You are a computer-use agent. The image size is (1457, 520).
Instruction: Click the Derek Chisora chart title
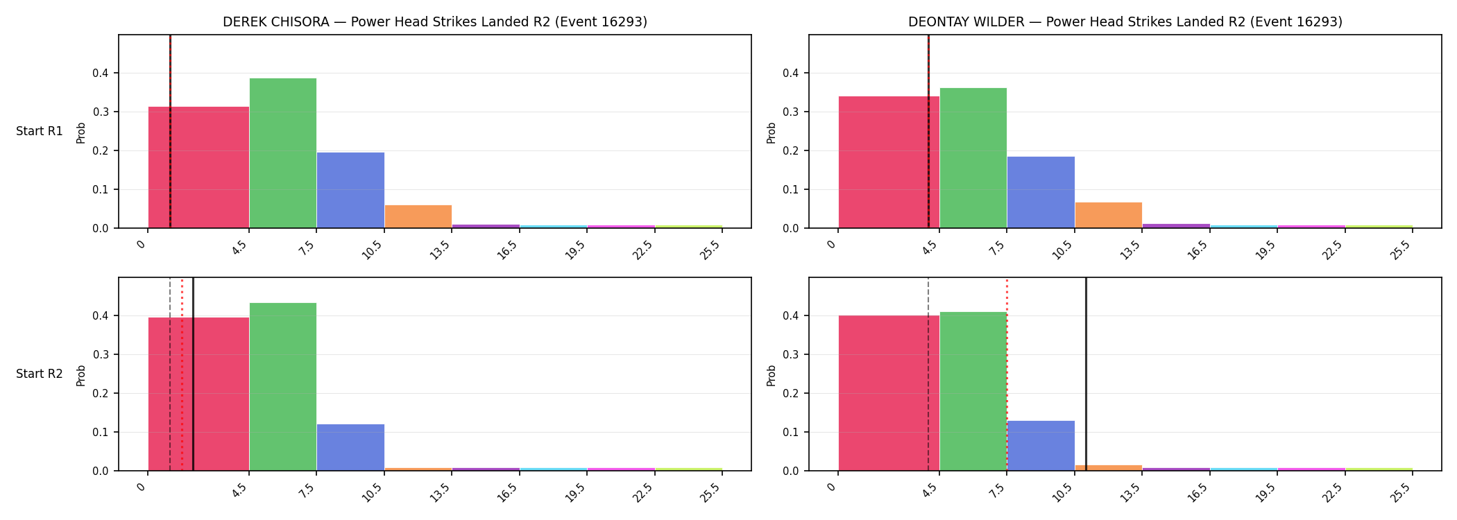point(435,22)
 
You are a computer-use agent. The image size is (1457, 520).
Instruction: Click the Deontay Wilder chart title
point(1125,22)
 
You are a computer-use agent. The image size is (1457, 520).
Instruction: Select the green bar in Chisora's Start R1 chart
point(283,153)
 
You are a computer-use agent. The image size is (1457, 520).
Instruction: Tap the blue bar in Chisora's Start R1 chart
point(350,190)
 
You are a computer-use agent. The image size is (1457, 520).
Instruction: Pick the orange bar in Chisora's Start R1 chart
point(418,216)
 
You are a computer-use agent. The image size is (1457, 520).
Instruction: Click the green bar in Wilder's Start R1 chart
point(973,158)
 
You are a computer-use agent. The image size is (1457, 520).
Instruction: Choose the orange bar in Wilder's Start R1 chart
point(1109,215)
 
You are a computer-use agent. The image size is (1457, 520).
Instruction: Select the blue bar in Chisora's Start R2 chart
point(350,447)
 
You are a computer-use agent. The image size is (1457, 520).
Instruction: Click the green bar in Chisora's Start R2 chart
point(283,387)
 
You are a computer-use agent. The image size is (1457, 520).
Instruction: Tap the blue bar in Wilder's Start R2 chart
point(1041,446)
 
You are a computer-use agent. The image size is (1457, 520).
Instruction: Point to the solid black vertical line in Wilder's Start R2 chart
point(1086,374)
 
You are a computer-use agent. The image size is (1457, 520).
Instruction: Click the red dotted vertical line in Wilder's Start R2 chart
point(1007,374)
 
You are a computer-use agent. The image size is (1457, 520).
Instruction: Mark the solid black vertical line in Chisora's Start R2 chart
point(193,374)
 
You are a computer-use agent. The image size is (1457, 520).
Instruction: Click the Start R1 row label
point(40,131)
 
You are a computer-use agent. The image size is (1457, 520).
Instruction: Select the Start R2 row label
point(40,374)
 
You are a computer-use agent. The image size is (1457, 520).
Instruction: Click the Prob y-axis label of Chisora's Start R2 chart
point(81,375)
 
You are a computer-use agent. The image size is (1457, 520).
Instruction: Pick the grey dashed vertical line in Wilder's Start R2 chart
point(928,374)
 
